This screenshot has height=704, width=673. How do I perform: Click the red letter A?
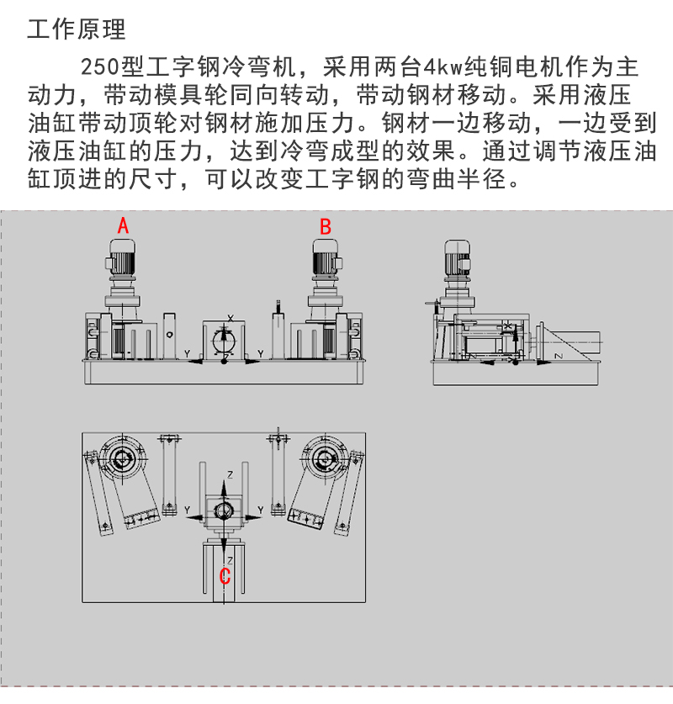pyautogui.click(x=123, y=225)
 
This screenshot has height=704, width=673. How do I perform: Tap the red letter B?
pyautogui.click(x=326, y=225)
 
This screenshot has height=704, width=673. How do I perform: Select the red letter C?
pyautogui.click(x=225, y=576)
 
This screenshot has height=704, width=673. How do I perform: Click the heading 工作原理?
pyautogui.click(x=76, y=30)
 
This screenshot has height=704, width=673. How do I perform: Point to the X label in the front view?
pyautogui.click(x=230, y=318)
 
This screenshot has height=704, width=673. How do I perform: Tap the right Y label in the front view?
pyautogui.click(x=260, y=353)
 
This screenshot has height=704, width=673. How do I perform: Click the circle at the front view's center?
pyautogui.click(x=225, y=341)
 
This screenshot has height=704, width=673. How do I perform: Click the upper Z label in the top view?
pyautogui.click(x=231, y=475)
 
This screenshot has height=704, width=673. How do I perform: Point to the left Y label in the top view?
pyautogui.click(x=186, y=510)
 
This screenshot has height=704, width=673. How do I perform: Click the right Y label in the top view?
pyautogui.click(x=261, y=510)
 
